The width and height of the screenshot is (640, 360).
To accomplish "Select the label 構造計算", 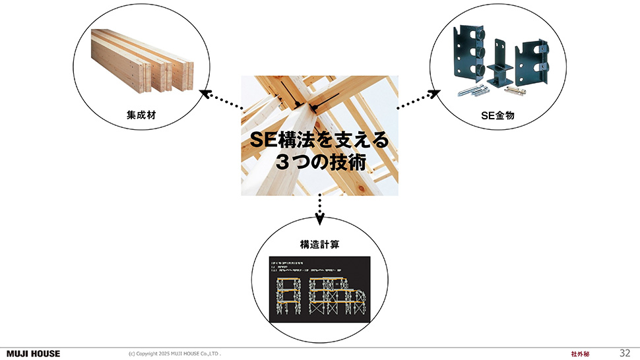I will pos(319,245).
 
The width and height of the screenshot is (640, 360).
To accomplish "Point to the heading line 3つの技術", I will pos(319,163).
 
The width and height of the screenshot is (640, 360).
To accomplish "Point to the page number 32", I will pos(625,353).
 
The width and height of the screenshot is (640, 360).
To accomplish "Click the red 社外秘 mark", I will pos(580,354).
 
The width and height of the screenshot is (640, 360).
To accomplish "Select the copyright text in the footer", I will pos(174,354).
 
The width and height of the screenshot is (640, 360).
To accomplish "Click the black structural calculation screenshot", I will pos(319,286).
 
